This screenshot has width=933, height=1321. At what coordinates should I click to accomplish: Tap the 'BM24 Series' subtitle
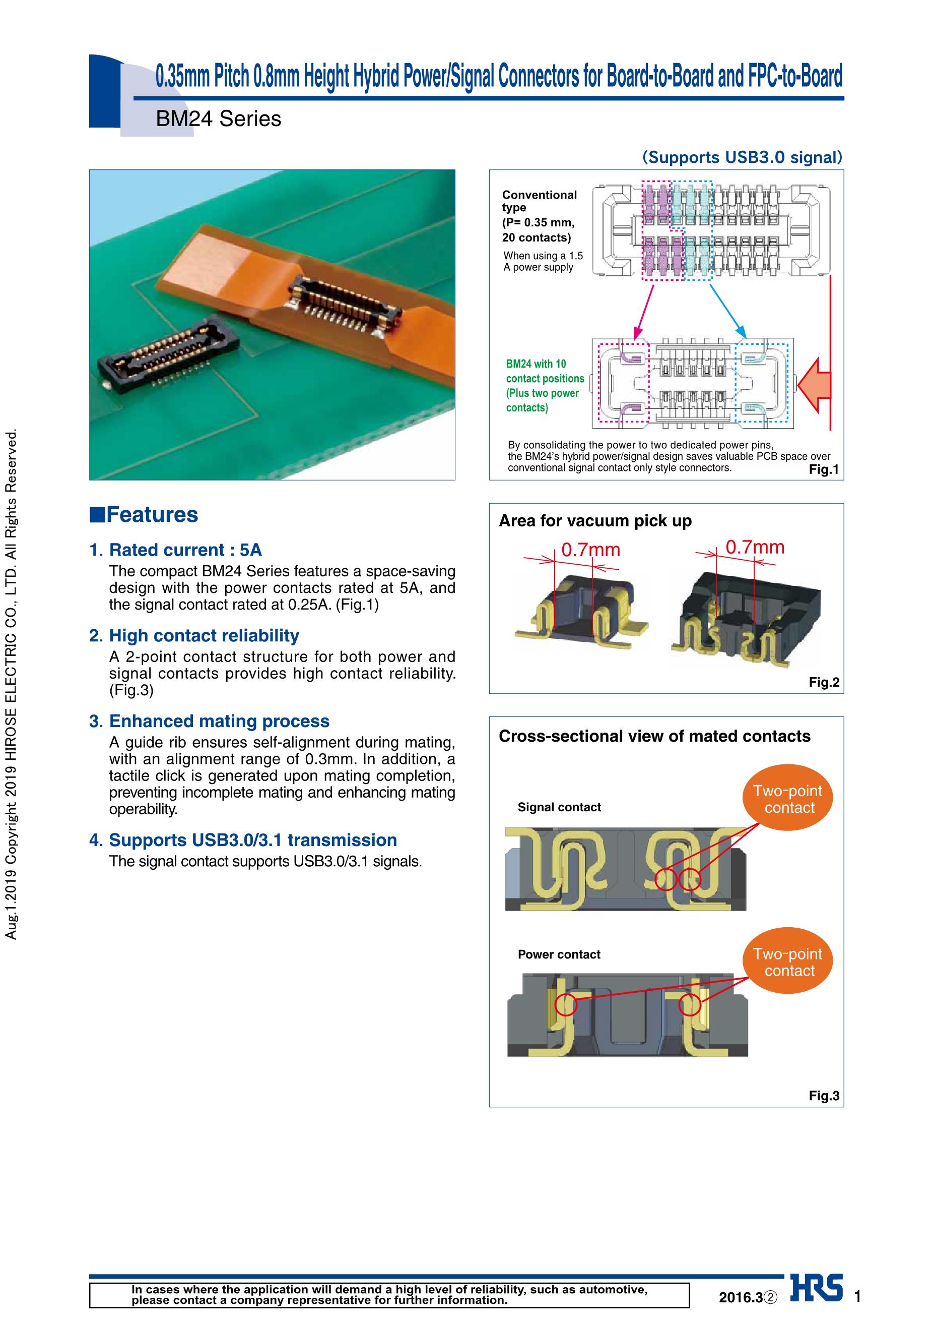[x=219, y=119]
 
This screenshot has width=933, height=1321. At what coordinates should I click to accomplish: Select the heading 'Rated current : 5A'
[x=185, y=550]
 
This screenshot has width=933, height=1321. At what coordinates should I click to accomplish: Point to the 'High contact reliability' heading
[x=204, y=636]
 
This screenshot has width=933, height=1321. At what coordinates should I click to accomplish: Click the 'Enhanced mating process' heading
[x=219, y=722]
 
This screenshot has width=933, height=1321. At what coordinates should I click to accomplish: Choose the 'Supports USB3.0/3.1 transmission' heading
[x=253, y=840]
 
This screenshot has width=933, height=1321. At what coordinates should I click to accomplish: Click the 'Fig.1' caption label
[x=824, y=469]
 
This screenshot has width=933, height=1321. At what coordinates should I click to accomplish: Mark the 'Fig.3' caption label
[x=824, y=1096]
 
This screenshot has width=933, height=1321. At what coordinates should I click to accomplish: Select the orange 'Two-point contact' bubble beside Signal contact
[x=789, y=799]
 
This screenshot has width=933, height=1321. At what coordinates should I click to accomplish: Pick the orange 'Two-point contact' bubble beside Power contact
[x=789, y=963]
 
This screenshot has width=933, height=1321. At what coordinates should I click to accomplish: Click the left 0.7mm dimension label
[x=590, y=550]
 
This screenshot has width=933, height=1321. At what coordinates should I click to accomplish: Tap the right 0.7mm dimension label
[x=755, y=547]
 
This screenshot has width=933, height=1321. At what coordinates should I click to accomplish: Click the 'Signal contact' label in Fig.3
[x=559, y=807]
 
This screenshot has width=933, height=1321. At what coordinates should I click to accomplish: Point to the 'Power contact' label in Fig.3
[x=559, y=954]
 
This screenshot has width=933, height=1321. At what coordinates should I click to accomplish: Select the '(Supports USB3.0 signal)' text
[x=742, y=157]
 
